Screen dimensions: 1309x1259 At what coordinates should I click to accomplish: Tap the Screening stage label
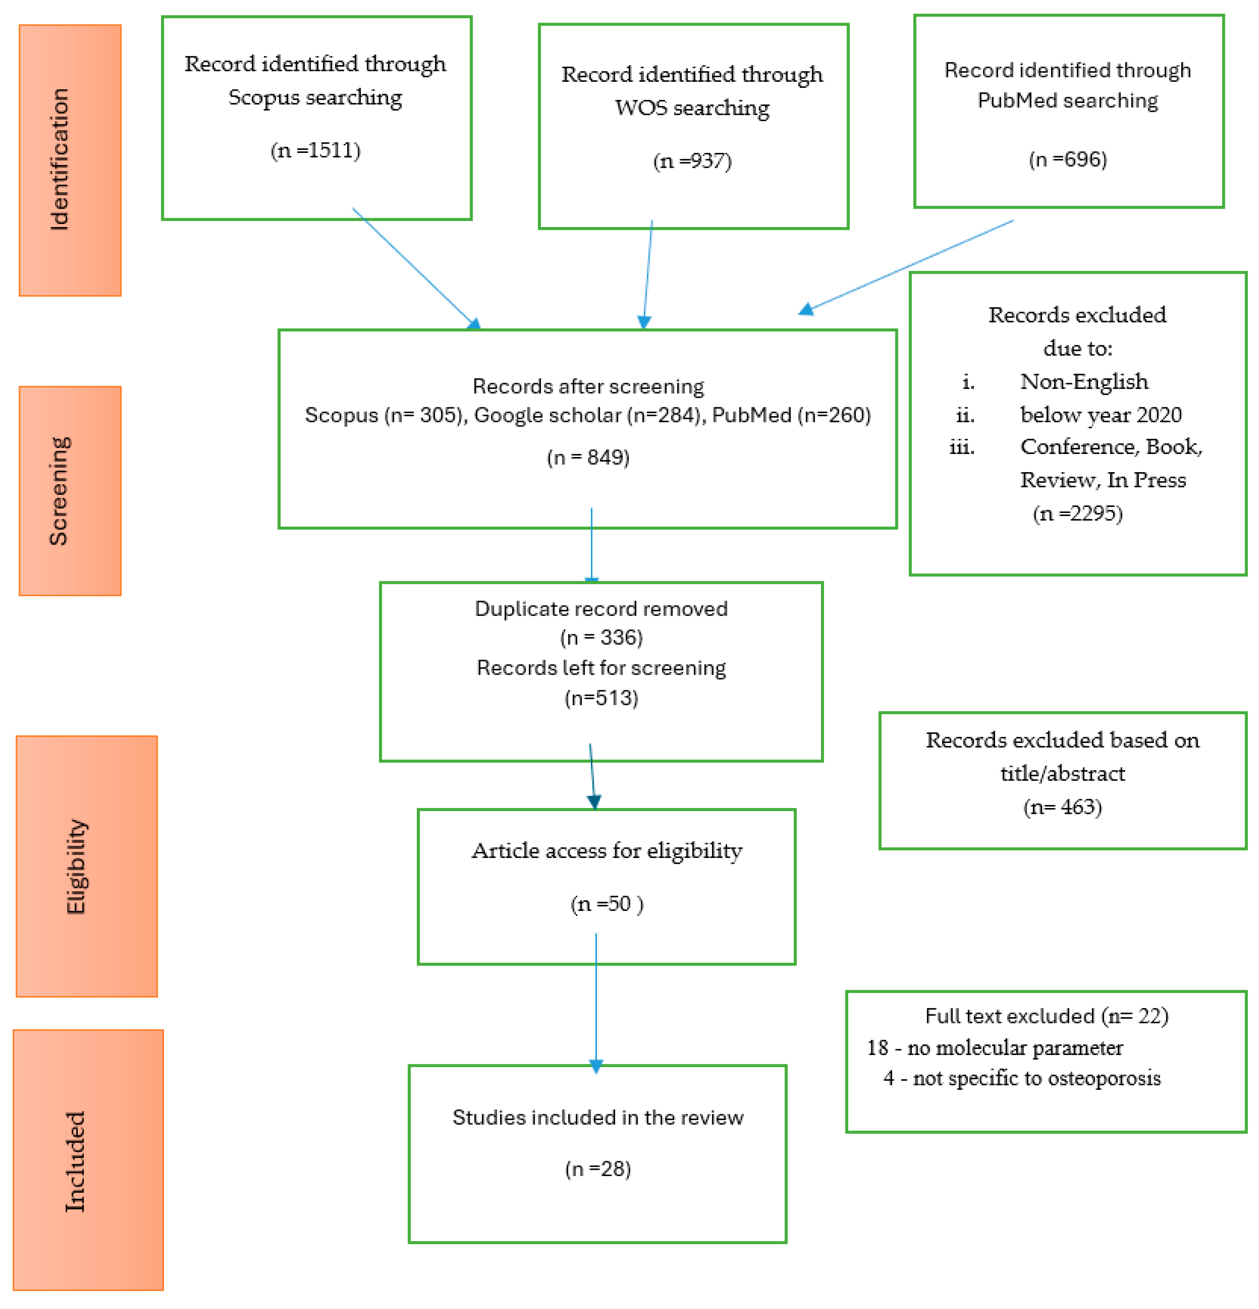coord(60,491)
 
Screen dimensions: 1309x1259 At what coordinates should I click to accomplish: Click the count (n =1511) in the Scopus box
coord(315,150)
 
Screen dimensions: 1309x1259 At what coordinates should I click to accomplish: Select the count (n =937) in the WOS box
coord(692,161)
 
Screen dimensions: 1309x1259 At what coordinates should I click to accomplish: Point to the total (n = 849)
coord(588,457)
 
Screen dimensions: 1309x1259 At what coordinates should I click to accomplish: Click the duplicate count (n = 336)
coord(601,637)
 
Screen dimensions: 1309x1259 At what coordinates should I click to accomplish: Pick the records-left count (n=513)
coord(601,698)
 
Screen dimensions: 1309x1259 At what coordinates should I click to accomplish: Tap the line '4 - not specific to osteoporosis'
coord(1021,1078)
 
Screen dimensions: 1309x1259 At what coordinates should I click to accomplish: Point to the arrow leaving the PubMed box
coord(908,266)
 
